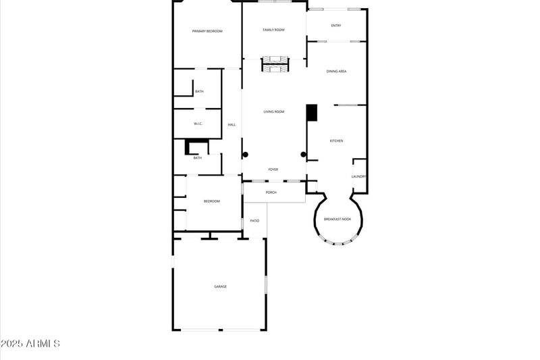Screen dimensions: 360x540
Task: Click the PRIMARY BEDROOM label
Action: [207, 31]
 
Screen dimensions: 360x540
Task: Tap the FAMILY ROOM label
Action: [273, 30]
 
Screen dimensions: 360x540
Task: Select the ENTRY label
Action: [335, 26]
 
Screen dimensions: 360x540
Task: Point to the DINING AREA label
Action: [336, 71]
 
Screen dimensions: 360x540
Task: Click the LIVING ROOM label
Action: [273, 111]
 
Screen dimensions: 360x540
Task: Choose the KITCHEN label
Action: [336, 140]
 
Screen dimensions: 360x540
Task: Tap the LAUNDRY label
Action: [358, 177]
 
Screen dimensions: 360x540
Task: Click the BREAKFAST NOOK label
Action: [337, 219]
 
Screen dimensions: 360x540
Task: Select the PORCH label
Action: [271, 192]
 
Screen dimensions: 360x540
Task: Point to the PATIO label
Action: [254, 220]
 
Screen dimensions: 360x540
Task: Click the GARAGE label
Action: [220, 286]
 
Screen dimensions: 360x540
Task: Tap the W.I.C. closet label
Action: [198, 124]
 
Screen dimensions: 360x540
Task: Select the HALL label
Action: [232, 125]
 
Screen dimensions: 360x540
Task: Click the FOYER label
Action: [273, 170]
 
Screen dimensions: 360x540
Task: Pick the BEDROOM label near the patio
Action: [212, 201]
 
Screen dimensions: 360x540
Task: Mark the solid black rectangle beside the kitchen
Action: [312, 113]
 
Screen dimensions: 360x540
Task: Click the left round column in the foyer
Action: [246, 155]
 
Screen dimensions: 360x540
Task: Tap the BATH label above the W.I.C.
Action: [199, 91]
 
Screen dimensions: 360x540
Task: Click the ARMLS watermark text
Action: [30, 344]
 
